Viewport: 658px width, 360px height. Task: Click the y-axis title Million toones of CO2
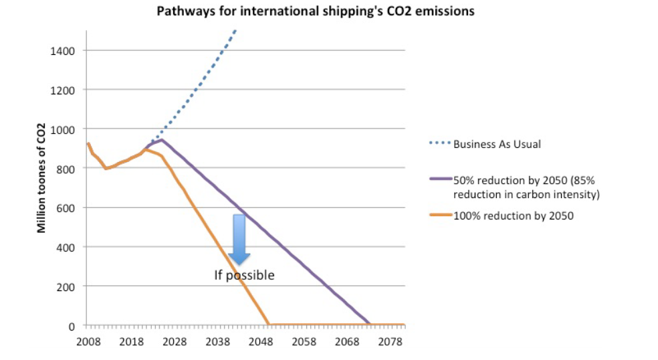pyautogui.click(x=41, y=178)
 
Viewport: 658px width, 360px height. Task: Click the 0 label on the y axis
pyautogui.click(x=72, y=326)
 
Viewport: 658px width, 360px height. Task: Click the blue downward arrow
pyautogui.click(x=239, y=238)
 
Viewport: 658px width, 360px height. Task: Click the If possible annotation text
pyautogui.click(x=244, y=275)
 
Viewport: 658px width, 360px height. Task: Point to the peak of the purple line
pyautogui.click(x=161, y=139)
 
